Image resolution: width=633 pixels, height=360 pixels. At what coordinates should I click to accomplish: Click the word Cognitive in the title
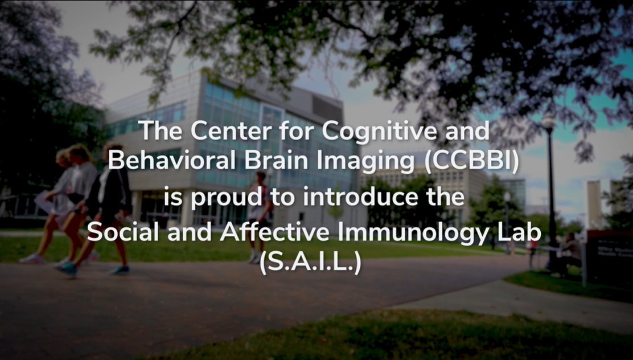pos(379,132)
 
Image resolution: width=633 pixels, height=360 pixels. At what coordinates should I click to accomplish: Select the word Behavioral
pos(172,161)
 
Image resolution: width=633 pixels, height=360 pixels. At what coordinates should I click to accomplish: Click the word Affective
pos(274,232)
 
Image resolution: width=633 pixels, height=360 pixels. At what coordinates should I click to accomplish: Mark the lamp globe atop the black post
pos(549,122)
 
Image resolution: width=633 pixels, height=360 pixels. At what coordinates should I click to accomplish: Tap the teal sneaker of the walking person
pos(67,269)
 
